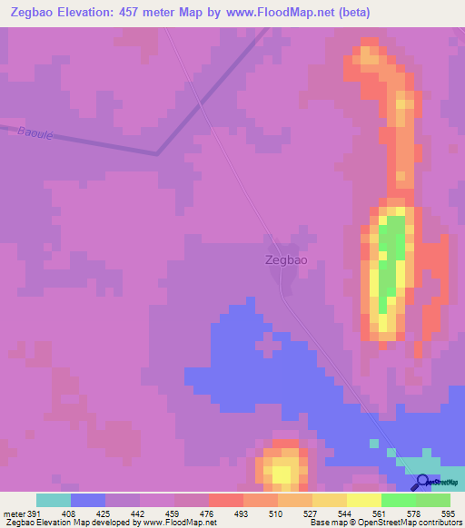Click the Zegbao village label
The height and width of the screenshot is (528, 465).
point(285,259)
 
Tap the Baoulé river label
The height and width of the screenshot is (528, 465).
point(35,133)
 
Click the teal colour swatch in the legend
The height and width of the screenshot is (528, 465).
point(54,500)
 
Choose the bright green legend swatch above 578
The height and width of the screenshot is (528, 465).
point(399,500)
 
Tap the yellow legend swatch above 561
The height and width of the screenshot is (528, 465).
point(364,500)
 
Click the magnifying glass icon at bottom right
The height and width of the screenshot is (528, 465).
point(424,484)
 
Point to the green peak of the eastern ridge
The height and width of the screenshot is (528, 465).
point(391,259)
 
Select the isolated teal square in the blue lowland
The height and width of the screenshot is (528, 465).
point(373,442)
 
